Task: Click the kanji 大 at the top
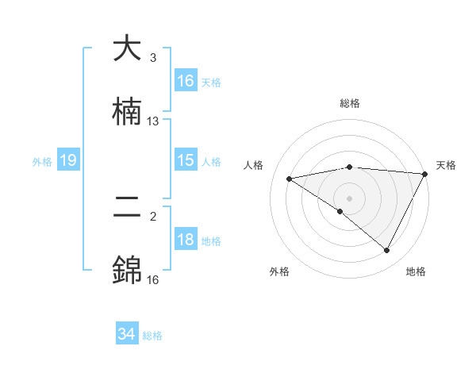pyautogui.click(x=128, y=49)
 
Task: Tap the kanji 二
pyautogui.click(x=128, y=209)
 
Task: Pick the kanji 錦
pyautogui.click(x=128, y=271)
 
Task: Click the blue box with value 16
pyautogui.click(x=186, y=81)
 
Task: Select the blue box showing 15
pyautogui.click(x=186, y=160)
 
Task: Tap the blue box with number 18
pyautogui.click(x=186, y=240)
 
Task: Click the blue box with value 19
pyautogui.click(x=68, y=160)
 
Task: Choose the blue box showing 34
pyautogui.click(x=127, y=335)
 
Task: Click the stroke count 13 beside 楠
pyautogui.click(x=153, y=121)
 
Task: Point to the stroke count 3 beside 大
pyautogui.click(x=153, y=58)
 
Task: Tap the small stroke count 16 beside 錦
pyautogui.click(x=153, y=280)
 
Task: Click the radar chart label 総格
pyautogui.click(x=350, y=103)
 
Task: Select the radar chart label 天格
pyautogui.click(x=446, y=165)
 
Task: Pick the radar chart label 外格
pyautogui.click(x=279, y=272)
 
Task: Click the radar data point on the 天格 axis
pyautogui.click(x=424, y=174)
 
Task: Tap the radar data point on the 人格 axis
pyautogui.click(x=290, y=179)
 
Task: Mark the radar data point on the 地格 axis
pyautogui.click(x=387, y=251)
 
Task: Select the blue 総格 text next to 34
pyautogui.click(x=152, y=336)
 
